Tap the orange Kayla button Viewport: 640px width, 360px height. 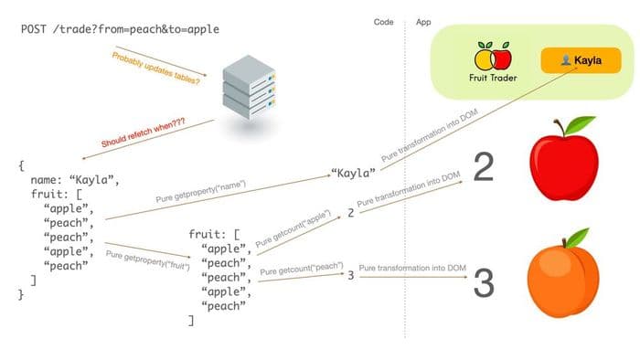[x=581, y=60]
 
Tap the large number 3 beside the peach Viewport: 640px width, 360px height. [x=484, y=284]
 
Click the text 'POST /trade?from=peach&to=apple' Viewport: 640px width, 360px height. [x=120, y=29]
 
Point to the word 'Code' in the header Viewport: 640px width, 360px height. [x=384, y=21]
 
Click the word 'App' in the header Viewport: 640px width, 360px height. [x=423, y=21]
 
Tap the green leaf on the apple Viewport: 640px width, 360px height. [x=579, y=124]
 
